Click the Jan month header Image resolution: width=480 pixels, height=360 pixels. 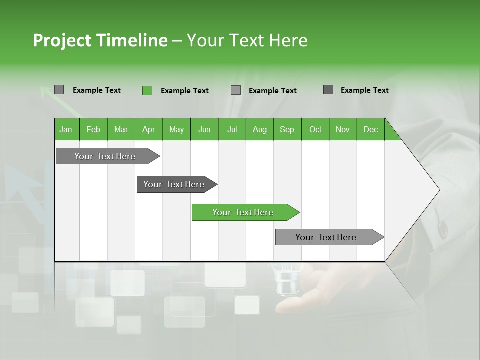[x=66, y=129]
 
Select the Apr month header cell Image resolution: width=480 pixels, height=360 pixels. [x=148, y=129]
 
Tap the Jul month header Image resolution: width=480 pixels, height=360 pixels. [x=232, y=129]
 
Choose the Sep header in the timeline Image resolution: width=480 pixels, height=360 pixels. [x=287, y=129]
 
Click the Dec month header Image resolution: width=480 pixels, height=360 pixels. [x=370, y=129]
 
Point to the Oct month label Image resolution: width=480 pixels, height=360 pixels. [x=315, y=129]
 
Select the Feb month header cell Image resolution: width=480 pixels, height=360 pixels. [x=93, y=129]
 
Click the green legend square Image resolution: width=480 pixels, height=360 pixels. [x=147, y=90]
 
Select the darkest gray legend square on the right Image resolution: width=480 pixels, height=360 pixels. [x=328, y=90]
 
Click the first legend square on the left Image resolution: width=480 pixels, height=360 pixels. [x=59, y=90]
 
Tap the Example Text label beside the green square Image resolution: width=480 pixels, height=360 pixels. [x=184, y=91]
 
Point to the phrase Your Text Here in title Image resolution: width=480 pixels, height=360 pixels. [x=247, y=40]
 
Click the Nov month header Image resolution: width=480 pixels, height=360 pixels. [x=343, y=129]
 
